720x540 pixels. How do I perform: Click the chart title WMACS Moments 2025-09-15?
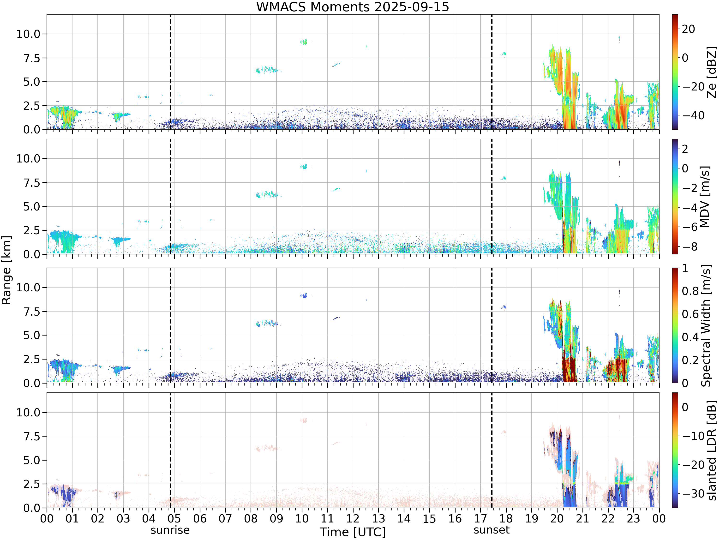pyautogui.click(x=353, y=7)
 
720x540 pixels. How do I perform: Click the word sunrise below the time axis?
pyautogui.click(x=170, y=530)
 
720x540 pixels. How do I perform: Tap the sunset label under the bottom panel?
pyautogui.click(x=492, y=530)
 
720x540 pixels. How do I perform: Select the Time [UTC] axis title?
pyautogui.click(x=353, y=532)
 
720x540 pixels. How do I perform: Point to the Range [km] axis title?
pyautogui.click(x=6, y=270)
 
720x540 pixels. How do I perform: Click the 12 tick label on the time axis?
pyautogui.click(x=353, y=518)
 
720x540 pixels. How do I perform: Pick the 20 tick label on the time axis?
pyautogui.click(x=557, y=518)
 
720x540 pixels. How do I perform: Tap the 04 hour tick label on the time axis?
pyautogui.click(x=149, y=518)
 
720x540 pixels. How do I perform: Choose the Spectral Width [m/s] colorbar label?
pyautogui.click(x=706, y=325)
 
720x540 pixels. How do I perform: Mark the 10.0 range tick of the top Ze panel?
pyautogui.click(x=28, y=34)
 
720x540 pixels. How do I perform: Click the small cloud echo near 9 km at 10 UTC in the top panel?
pyautogui.click(x=304, y=42)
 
